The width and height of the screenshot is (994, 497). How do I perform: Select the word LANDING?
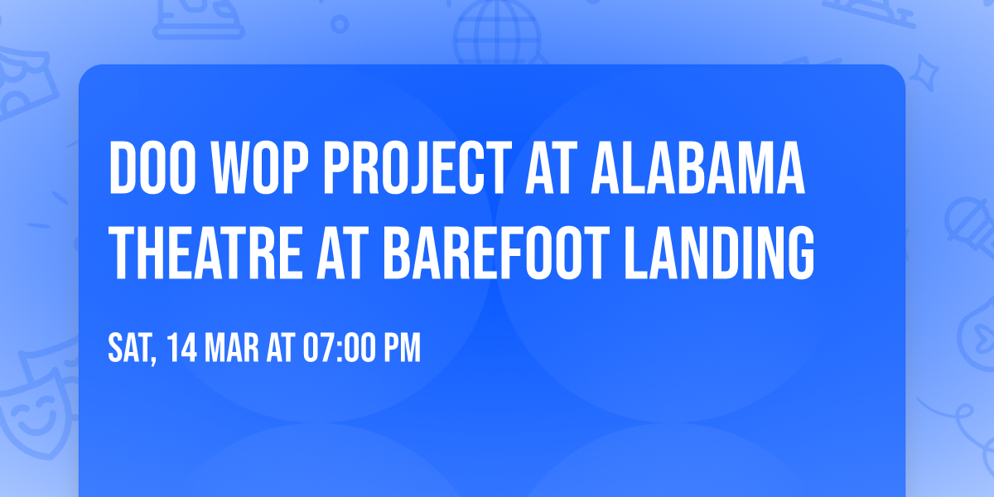[x=717, y=248]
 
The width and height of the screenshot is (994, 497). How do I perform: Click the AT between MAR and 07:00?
[x=280, y=349]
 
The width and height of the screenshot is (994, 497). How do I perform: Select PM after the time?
[x=403, y=349]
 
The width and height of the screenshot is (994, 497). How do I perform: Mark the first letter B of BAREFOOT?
[x=399, y=248]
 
